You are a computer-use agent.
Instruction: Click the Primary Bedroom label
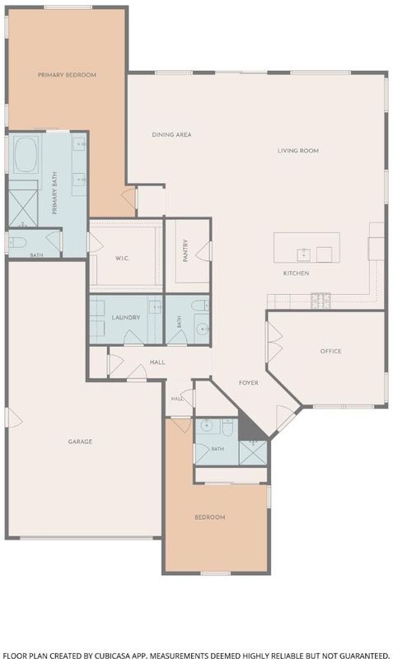67,75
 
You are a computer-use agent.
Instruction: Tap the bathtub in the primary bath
26,154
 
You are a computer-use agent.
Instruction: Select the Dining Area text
171,134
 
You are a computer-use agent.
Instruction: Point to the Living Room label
298,151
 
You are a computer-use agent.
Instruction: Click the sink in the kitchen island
303,255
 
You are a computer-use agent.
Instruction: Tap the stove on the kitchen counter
320,300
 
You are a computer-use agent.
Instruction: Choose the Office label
330,351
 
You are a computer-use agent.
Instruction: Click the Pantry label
185,251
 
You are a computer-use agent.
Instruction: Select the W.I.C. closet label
122,258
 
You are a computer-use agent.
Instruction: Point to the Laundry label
126,317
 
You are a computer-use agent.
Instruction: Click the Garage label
80,442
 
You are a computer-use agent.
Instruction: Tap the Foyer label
249,382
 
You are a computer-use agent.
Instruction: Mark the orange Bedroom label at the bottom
210,517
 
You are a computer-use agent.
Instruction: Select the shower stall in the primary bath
24,208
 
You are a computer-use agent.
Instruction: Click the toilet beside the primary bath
17,242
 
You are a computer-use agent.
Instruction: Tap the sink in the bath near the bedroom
207,426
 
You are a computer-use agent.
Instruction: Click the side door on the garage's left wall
13,418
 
